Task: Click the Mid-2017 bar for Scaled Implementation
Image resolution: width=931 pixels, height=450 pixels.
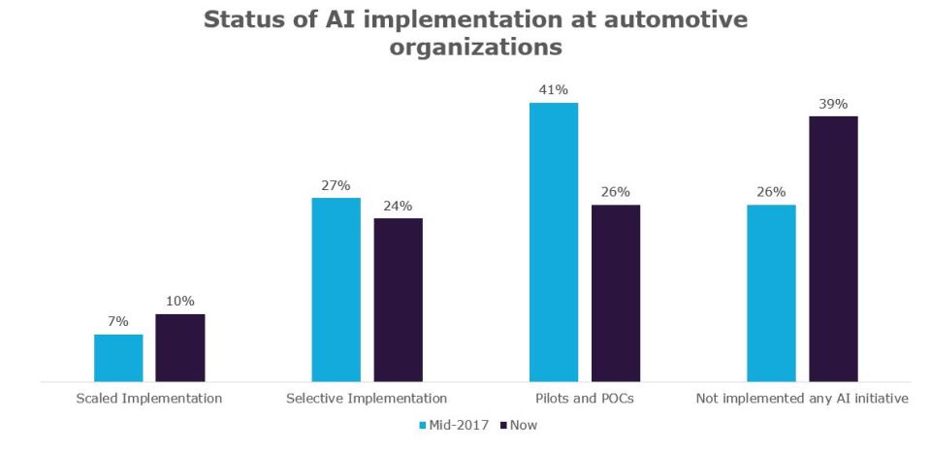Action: tap(118, 358)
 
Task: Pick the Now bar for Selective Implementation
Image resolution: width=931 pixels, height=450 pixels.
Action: tap(399, 300)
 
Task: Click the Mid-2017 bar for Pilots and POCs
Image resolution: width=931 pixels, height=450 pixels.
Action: tap(554, 241)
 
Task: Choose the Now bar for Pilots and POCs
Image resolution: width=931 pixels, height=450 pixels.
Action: tap(616, 293)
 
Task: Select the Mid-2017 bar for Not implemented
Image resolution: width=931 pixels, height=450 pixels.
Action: tap(771, 293)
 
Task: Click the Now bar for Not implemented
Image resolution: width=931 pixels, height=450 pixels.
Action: tap(834, 248)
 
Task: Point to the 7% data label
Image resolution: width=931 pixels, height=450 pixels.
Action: tap(118, 322)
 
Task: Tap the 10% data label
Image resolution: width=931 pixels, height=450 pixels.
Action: tap(180, 302)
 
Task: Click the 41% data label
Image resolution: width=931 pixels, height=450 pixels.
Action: tap(554, 90)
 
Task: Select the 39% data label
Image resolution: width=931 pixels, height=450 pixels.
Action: tap(834, 104)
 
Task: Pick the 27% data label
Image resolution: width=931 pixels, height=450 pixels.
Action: tap(336, 185)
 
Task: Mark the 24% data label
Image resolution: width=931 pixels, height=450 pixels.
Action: tap(399, 206)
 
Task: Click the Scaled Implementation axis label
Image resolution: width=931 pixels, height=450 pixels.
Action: tap(149, 398)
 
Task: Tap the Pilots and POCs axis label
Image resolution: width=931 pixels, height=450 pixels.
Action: tap(585, 398)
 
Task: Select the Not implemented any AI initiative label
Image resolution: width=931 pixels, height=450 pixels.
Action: tap(802, 398)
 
